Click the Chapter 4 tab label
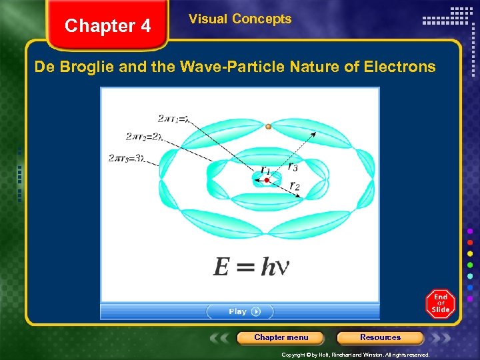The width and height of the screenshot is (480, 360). click(107, 26)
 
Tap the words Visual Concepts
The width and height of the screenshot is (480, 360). click(240, 19)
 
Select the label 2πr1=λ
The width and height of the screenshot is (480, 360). click(174, 119)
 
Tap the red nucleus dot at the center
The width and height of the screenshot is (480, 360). click(267, 180)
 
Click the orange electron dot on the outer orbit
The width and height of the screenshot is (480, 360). click(268, 126)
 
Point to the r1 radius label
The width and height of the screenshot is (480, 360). click(265, 170)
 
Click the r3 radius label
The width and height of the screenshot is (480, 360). click(293, 165)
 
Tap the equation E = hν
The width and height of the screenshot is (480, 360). click(251, 267)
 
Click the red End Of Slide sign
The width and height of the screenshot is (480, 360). click(441, 303)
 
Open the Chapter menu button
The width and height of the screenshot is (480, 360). click(281, 337)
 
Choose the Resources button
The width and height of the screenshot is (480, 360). click(380, 337)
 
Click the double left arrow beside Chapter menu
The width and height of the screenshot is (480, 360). click(223, 338)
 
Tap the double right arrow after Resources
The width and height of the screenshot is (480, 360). click(438, 338)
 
